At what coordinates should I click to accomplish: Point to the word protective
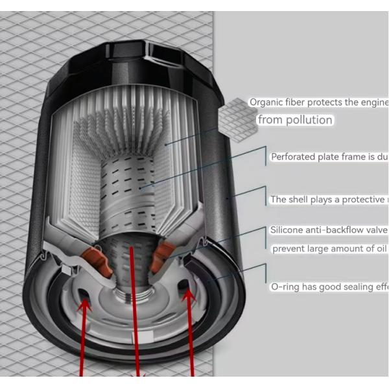point(359,200)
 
